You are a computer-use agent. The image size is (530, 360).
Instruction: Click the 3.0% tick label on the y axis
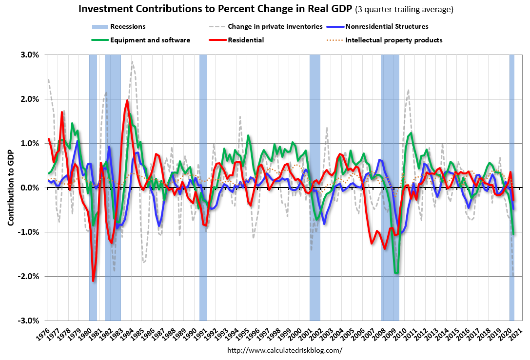30,55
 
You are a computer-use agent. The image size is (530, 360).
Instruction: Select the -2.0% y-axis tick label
29,276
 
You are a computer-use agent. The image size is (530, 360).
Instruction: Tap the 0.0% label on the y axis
30,188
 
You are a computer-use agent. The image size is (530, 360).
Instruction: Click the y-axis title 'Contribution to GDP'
10,188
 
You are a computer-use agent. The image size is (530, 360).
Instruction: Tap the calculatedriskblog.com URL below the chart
285,350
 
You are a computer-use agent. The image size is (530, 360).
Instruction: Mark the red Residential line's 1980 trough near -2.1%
93,281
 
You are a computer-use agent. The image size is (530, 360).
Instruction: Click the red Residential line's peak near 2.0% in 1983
127,100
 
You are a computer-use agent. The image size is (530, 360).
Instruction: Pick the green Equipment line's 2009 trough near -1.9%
397,273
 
